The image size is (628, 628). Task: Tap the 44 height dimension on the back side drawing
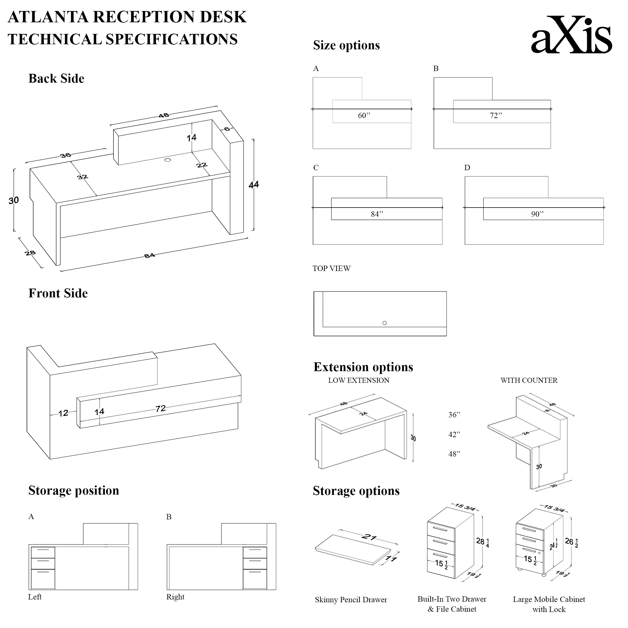point(253,185)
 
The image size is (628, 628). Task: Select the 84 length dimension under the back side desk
point(149,256)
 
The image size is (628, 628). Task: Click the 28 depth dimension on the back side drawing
point(30,253)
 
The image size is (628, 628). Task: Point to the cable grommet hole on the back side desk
point(168,160)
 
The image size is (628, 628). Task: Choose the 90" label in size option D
point(537,214)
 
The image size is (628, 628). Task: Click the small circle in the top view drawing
point(385,323)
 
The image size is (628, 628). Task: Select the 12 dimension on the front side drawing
point(63,414)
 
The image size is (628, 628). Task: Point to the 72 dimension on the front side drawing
point(160,409)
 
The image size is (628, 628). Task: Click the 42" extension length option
point(454,435)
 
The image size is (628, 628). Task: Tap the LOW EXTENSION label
point(359,380)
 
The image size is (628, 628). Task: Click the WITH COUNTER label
point(529,380)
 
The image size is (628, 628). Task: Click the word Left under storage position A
point(35,597)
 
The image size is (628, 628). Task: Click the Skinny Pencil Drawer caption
point(351,600)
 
